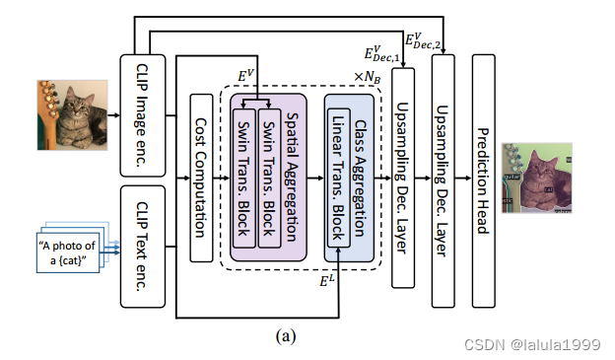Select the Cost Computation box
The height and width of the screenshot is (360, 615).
point(200,179)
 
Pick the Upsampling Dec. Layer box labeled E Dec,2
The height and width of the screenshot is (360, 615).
point(444,178)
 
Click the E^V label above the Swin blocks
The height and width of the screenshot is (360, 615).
point(246,74)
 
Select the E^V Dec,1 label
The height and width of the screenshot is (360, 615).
point(381,54)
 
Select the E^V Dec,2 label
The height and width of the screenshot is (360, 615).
point(423,40)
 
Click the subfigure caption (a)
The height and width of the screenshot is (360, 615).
point(286,335)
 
